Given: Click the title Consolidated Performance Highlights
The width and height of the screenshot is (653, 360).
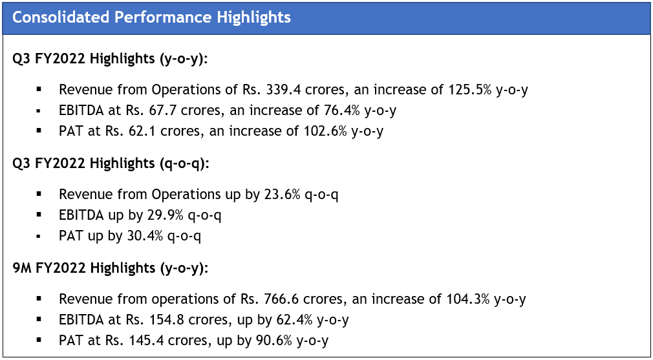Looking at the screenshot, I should coord(151,17).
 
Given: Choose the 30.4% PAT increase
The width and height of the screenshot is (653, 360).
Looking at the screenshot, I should coord(145,236).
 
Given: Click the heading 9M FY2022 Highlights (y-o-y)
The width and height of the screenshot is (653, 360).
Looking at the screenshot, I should coord(111,268).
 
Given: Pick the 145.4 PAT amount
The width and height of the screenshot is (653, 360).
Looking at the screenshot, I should coord(168,341).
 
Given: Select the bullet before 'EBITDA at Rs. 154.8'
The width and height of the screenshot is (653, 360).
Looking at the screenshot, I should coord(39,320).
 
